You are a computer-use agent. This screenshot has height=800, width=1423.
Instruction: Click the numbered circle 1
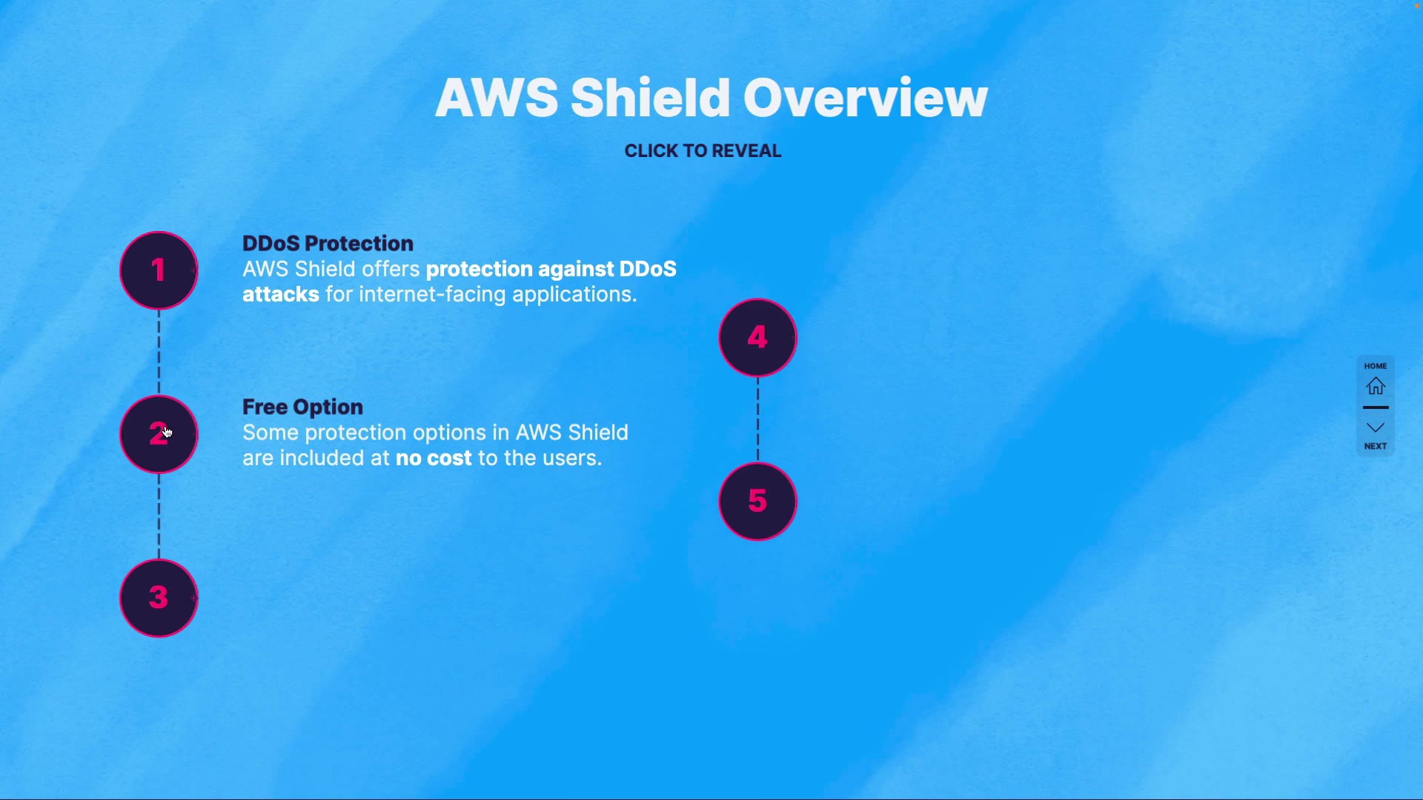pos(159,270)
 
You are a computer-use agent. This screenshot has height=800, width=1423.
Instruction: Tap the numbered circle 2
pos(159,434)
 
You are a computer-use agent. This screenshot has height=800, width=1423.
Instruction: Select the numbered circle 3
pos(159,598)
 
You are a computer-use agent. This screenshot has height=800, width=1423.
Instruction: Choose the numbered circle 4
pos(757,338)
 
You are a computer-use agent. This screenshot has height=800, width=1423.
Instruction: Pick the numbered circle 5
pos(757,501)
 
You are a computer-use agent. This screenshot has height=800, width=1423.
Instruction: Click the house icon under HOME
pos(1376,386)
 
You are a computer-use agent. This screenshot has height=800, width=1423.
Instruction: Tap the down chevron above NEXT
pos(1376,427)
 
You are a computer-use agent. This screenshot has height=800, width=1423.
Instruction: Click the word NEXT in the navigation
pos(1376,446)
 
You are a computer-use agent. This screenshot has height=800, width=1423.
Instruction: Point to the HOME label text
pos(1376,366)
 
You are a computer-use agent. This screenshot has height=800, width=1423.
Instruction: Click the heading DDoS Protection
pos(328,244)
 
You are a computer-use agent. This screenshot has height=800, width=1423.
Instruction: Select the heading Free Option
pos(302,407)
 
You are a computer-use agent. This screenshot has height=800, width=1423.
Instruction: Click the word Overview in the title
pos(865,98)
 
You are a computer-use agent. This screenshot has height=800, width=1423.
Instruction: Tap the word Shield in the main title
pos(651,98)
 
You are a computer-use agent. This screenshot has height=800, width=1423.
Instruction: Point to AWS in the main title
pos(497,98)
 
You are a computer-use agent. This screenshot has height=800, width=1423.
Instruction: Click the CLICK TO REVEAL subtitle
pos(703,151)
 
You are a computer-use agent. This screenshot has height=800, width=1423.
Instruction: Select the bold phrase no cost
pos(434,459)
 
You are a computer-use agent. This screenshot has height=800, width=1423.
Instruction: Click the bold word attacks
pos(281,295)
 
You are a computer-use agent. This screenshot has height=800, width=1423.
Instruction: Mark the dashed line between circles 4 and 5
pos(757,419)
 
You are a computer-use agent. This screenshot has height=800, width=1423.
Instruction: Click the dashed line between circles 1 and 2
pos(159,352)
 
